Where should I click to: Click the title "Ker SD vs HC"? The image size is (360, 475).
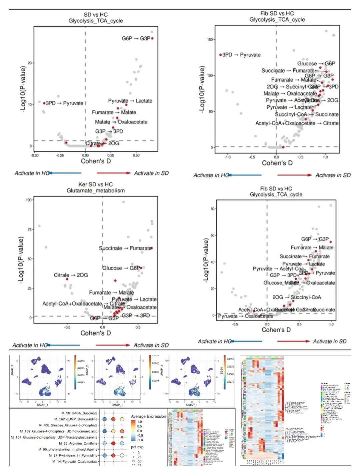click(x=95, y=184)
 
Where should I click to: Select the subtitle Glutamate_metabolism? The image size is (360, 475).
click(x=95, y=190)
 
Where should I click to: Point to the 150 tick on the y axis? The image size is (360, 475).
click(x=210, y=40)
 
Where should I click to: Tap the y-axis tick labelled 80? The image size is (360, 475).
click(x=213, y=209)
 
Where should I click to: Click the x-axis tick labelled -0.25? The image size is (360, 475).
click(x=60, y=155)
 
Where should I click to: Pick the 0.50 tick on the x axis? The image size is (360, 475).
click(x=136, y=155)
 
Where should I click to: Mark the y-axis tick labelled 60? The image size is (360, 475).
click(x=213, y=235)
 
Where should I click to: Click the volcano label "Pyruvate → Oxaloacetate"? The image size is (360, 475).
click(x=246, y=316)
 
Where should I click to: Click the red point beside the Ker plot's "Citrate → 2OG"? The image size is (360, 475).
click(x=67, y=279)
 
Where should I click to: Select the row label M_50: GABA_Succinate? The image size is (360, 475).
click(x=79, y=413)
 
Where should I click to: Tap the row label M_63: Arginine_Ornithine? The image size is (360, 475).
click(x=78, y=443)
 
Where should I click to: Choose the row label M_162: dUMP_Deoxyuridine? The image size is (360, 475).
click(x=76, y=419)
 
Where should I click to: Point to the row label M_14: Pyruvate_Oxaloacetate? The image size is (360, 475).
click(x=75, y=461)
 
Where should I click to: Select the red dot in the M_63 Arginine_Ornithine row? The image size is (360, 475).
click(x=113, y=443)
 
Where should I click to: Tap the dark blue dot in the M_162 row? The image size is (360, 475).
click(x=104, y=419)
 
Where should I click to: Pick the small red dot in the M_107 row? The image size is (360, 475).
click(x=122, y=437)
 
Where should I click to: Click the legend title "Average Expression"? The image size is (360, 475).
click(x=148, y=416)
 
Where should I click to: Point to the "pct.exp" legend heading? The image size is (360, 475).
click(x=137, y=447)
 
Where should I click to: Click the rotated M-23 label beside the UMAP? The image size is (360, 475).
click(x=221, y=370)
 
